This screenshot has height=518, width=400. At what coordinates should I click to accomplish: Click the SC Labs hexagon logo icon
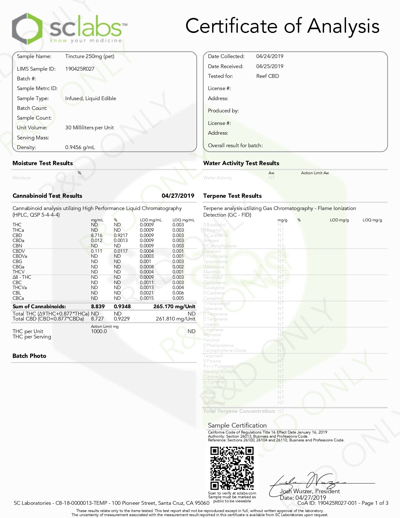(x=27, y=29)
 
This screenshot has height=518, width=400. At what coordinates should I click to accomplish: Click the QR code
(x=232, y=468)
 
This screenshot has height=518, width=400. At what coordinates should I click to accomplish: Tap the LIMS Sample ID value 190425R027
(x=80, y=69)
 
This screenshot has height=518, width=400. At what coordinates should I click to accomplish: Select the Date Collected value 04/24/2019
(x=269, y=56)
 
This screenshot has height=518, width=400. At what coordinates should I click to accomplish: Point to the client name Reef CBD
(x=267, y=76)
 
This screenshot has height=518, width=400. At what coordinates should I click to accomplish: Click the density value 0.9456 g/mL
(x=80, y=147)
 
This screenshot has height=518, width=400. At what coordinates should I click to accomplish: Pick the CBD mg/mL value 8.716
(x=97, y=235)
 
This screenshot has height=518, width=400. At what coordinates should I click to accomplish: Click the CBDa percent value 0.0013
(x=120, y=240)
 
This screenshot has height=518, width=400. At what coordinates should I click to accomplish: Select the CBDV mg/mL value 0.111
(x=96, y=251)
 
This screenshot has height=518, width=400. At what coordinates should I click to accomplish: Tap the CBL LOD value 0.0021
(x=147, y=293)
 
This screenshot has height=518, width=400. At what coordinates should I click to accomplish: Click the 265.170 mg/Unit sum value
(x=174, y=306)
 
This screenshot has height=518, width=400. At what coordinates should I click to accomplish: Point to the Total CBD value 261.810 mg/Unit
(x=175, y=319)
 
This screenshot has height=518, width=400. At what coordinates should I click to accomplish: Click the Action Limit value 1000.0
(x=99, y=331)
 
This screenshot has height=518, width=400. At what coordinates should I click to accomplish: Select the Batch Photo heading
(x=29, y=356)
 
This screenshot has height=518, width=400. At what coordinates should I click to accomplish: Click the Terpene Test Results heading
(x=232, y=196)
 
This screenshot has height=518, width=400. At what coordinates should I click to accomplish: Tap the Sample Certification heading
(x=237, y=425)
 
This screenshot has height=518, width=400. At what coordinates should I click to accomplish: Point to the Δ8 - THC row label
(x=22, y=277)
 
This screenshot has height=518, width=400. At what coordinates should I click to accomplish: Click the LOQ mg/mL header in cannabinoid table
(x=183, y=220)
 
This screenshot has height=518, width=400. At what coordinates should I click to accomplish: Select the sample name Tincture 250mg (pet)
(x=90, y=56)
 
